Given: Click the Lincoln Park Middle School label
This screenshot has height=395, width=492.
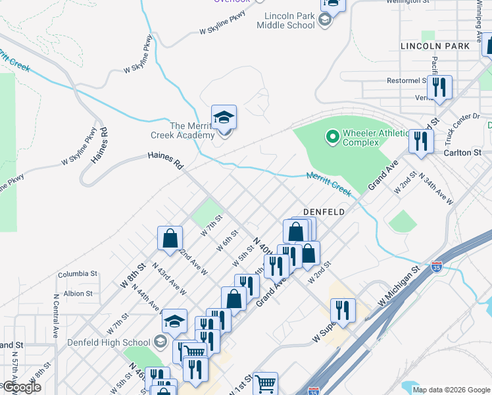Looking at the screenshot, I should [289, 20].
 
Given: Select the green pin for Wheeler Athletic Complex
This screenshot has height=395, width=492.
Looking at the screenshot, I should [332, 137].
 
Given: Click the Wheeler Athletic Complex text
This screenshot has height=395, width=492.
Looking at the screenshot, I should [360, 138].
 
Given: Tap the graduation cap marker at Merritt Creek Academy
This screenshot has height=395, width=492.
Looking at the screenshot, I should [224, 118].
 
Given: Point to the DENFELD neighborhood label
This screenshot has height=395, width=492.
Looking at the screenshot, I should [324, 211].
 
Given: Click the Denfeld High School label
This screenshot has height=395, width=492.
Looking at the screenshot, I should [109, 342].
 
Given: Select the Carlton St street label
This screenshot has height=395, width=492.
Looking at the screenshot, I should [463, 152].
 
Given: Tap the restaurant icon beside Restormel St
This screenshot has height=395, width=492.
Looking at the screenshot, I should [439, 87].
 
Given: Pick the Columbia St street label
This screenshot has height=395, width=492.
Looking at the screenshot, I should [77, 273].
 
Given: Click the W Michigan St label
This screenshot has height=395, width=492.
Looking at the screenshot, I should [399, 287].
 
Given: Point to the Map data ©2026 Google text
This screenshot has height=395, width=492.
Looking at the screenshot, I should [451, 389].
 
